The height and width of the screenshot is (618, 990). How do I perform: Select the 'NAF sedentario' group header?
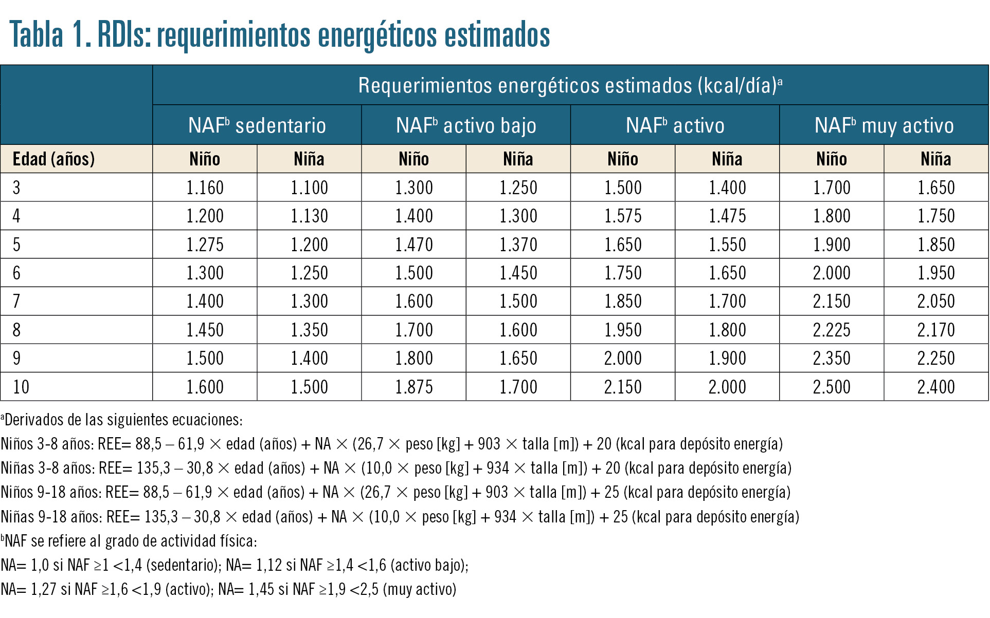[x=257, y=125]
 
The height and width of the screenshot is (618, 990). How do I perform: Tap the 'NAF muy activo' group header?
[x=884, y=125]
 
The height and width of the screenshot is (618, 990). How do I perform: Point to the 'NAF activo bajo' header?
[x=466, y=125]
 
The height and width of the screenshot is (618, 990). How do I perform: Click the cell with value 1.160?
[x=205, y=188]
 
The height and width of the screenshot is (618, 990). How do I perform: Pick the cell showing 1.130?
[x=309, y=216]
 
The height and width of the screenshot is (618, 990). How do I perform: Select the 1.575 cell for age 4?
[x=623, y=216]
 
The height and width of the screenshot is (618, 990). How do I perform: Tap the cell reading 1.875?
[x=414, y=387]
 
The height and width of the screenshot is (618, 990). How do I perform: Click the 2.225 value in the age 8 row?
[x=832, y=330]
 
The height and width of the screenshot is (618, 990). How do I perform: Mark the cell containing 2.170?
[x=936, y=330]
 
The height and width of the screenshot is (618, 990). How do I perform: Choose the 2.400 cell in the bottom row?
[x=936, y=387]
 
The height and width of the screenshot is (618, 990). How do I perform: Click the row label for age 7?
[x=16, y=301]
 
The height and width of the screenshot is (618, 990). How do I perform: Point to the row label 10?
[x=21, y=387]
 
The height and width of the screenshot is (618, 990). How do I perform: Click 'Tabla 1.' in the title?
[x=50, y=34]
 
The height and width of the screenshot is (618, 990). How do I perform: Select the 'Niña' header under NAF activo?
[x=727, y=159]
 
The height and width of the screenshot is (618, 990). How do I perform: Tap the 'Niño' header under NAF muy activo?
[x=832, y=159]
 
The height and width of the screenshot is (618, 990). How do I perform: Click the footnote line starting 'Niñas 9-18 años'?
[x=400, y=516]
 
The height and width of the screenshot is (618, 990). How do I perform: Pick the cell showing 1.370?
[x=518, y=245]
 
